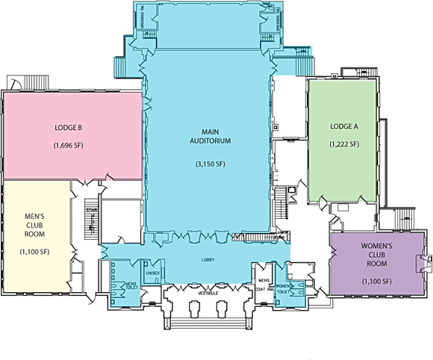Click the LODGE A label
[344, 125]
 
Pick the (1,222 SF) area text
[344, 144]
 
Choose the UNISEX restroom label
[152, 274]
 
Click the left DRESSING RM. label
[143, 19]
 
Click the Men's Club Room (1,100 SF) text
[36, 252]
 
